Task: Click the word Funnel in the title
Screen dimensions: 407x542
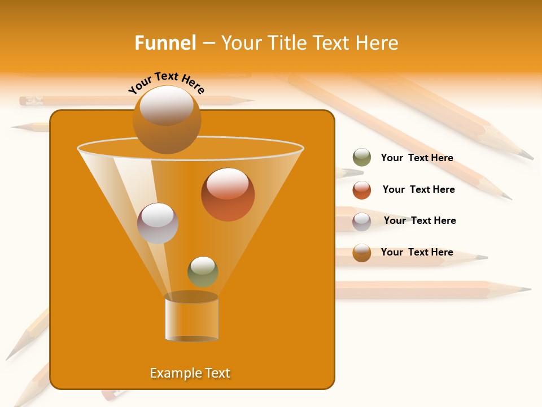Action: [x=165, y=43]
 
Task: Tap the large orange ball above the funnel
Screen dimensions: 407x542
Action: [x=167, y=119]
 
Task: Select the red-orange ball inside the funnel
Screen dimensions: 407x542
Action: [x=228, y=194]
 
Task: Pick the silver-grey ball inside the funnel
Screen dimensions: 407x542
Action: [x=158, y=223]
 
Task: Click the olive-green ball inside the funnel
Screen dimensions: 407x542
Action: [x=203, y=271]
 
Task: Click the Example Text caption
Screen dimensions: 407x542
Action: [x=190, y=373]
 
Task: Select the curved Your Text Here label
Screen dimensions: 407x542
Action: [x=166, y=82]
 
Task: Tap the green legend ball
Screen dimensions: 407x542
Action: [x=362, y=158]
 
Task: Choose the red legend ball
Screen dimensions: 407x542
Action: [x=362, y=190]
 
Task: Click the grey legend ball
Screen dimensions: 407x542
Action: [x=362, y=222]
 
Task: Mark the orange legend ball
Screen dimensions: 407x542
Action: [x=362, y=253]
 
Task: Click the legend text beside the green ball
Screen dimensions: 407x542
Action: [x=417, y=158]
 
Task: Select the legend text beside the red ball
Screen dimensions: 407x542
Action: [x=418, y=189]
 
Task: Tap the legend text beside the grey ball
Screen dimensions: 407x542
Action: [x=419, y=220]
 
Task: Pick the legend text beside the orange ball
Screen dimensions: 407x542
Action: [x=417, y=252]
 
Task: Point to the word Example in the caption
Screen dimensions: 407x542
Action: [x=173, y=373]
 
